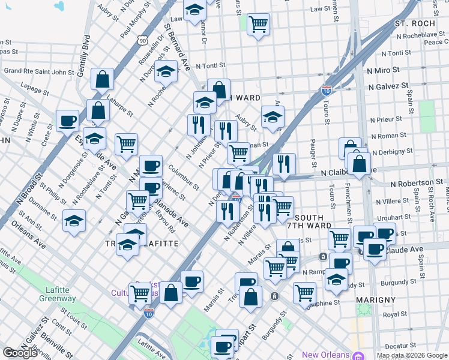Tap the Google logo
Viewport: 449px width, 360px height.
pyautogui.click(x=20, y=353)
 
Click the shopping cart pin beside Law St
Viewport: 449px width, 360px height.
pyautogui.click(x=258, y=24)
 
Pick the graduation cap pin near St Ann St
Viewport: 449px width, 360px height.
pyautogui.click(x=74, y=220)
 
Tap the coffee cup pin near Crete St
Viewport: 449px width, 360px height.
pyautogui.click(x=67, y=120)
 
